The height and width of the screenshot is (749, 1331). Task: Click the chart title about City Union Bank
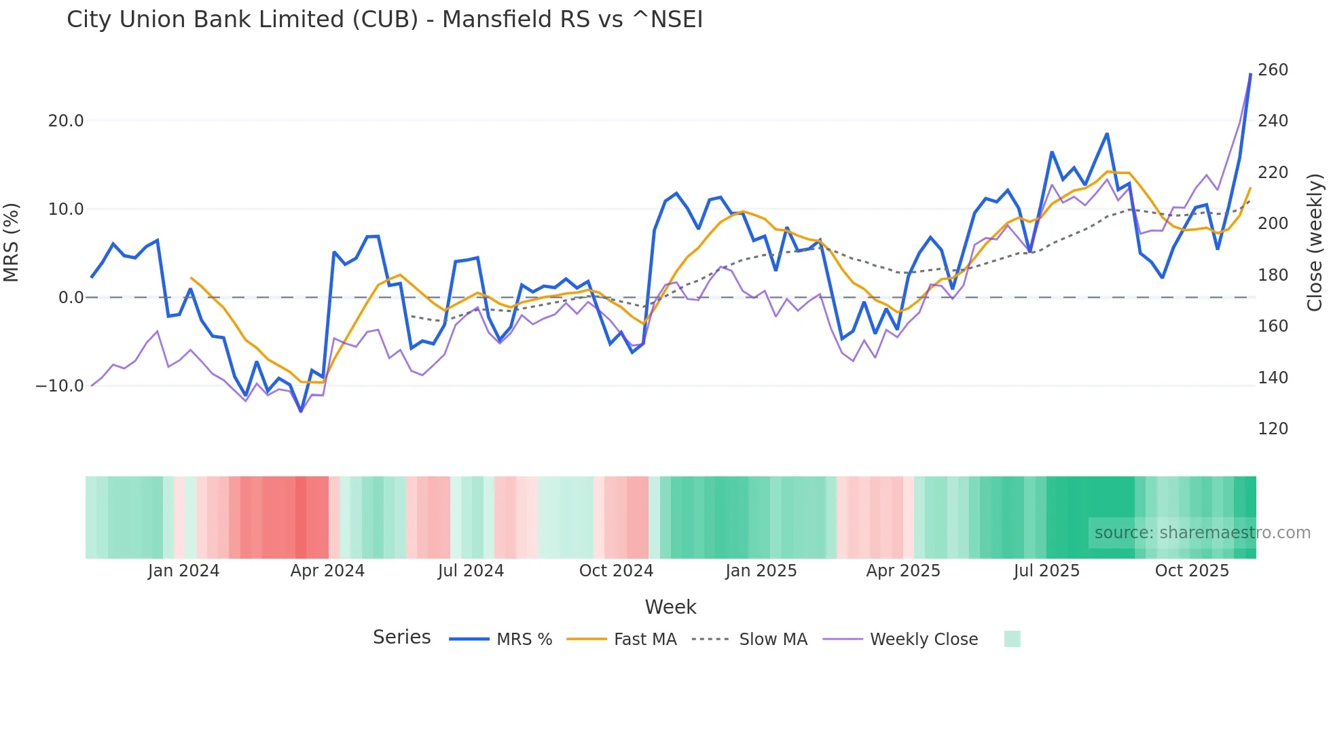(x=384, y=20)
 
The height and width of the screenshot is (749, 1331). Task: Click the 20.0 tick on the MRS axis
(x=66, y=121)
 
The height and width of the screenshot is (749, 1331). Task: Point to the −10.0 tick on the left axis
(x=60, y=386)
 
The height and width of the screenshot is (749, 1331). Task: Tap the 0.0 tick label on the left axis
(x=71, y=298)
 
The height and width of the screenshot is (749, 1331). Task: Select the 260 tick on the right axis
(x=1273, y=70)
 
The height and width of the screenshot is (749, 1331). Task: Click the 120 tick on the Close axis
(x=1273, y=429)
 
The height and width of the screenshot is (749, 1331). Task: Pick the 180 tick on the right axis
(x=1273, y=275)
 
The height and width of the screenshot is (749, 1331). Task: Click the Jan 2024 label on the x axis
(x=183, y=571)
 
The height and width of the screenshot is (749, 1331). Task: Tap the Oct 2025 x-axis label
(x=1192, y=571)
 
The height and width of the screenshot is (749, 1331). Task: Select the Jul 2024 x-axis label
(x=471, y=571)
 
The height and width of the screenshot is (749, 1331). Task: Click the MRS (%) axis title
(x=12, y=243)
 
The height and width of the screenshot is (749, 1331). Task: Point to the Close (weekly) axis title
(x=1315, y=243)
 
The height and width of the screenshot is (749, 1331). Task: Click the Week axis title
(x=670, y=607)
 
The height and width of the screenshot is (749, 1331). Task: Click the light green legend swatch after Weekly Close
(x=1012, y=640)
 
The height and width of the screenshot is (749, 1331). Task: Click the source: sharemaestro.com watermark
(x=1202, y=533)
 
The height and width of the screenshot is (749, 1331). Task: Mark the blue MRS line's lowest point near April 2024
(x=301, y=411)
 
